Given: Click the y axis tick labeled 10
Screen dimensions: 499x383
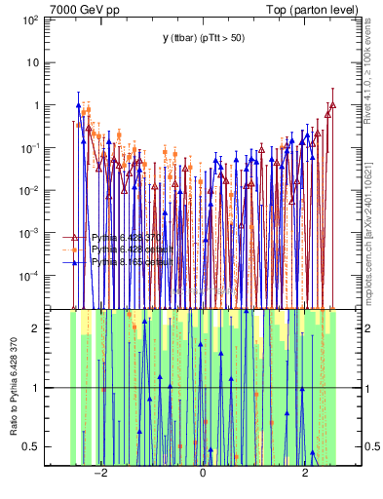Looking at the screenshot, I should [32, 62].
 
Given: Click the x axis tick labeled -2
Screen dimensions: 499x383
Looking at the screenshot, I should [98, 474].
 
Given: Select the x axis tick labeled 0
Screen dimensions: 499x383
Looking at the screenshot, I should [203, 474].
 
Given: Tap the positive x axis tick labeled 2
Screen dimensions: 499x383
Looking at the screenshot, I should [305, 474].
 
